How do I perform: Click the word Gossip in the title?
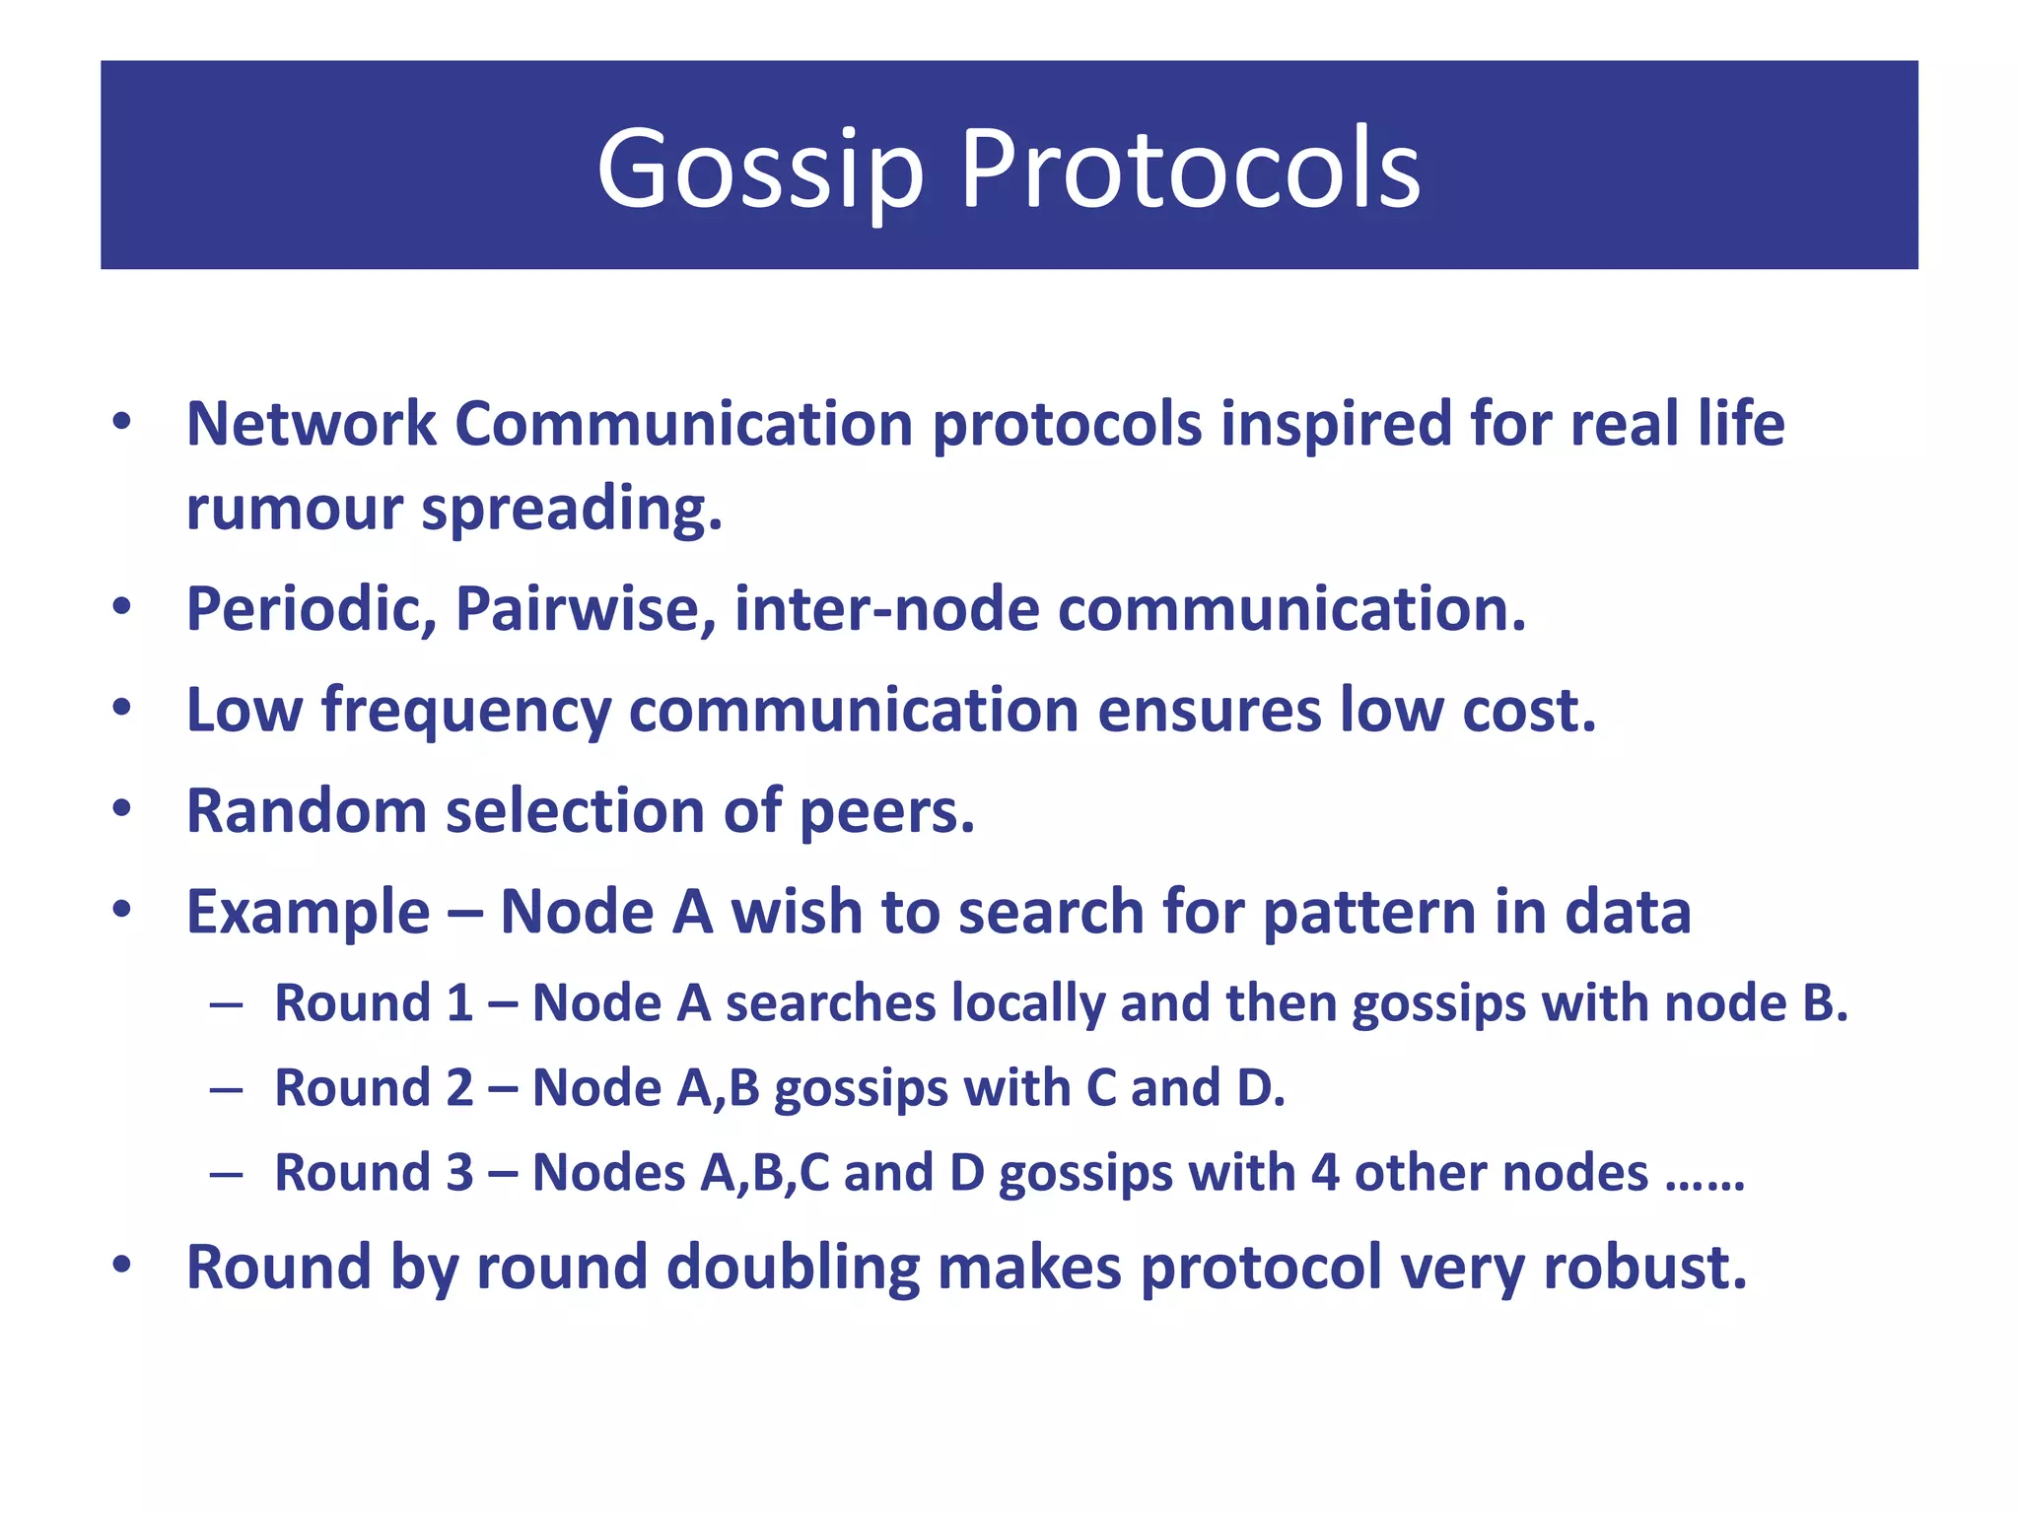click(759, 170)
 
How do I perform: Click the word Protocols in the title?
click(1190, 170)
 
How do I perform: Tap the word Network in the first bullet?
click(312, 425)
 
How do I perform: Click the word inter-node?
click(886, 609)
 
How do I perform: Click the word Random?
click(307, 811)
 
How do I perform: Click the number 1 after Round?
click(458, 1003)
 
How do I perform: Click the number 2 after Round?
click(459, 1088)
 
